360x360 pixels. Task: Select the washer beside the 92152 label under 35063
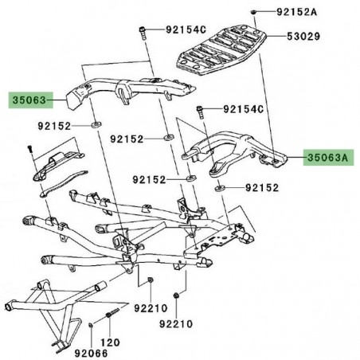click(97, 124)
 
